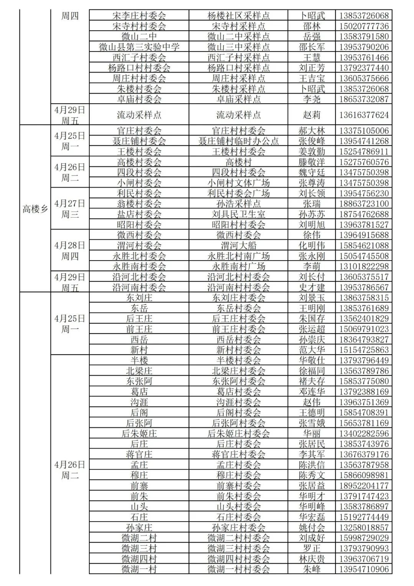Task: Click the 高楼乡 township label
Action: pos(35,209)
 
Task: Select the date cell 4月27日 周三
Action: pos(70,209)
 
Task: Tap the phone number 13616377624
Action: pos(364,115)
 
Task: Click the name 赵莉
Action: pos(312,115)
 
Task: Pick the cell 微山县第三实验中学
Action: pos(139,47)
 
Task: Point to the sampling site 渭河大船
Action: pos(238,246)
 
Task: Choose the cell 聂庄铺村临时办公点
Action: pos(238,141)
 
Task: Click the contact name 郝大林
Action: pos(312,131)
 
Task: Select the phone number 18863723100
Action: pos(364,204)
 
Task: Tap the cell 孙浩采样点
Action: pos(238,204)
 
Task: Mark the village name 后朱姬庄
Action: pos(139,434)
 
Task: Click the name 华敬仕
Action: pos(312,360)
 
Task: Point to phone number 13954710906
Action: pos(364,569)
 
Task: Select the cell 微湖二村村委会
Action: pos(238,538)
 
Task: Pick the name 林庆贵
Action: pos(312,559)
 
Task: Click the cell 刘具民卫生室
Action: pos(238,214)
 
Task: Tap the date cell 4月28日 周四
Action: pos(70,251)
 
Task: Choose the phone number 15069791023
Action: pos(364,329)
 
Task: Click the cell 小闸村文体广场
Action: pos(238,183)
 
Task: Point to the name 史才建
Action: pos(312,287)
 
